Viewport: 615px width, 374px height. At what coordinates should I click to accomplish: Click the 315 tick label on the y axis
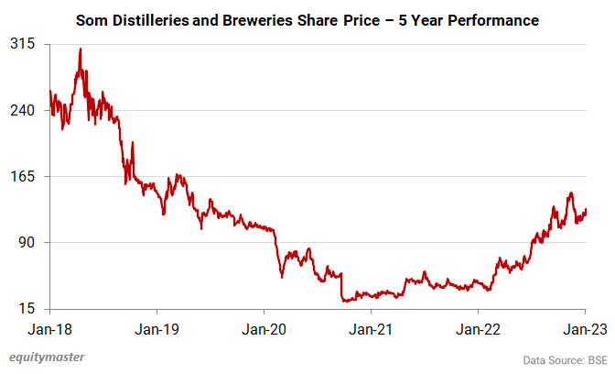(22, 44)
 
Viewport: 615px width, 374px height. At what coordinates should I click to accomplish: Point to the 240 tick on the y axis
(22, 110)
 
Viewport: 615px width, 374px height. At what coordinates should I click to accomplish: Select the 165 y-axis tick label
(22, 176)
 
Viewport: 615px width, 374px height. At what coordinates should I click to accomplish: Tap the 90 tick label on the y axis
(26, 242)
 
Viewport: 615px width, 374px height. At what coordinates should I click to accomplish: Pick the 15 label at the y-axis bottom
(26, 308)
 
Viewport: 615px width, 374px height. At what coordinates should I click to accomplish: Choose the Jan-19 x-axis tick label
(156, 327)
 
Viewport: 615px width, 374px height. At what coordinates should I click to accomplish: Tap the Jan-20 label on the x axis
(264, 327)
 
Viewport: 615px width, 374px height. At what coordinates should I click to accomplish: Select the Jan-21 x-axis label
(371, 327)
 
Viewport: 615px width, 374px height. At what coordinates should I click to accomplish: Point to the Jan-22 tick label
(478, 327)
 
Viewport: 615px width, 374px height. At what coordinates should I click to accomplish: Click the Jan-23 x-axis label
(585, 327)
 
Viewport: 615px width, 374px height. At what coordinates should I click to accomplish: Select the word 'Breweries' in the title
(264, 18)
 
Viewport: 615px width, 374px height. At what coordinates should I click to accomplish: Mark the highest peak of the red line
(81, 49)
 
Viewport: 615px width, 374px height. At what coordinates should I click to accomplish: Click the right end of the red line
(586, 210)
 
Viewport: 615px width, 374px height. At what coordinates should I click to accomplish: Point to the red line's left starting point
(49, 90)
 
